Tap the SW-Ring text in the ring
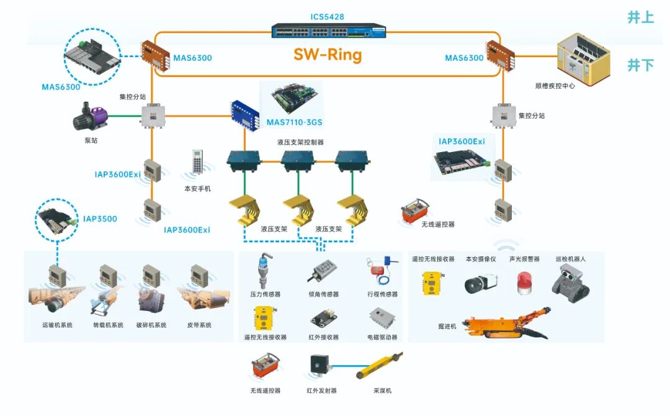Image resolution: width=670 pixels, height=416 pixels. pyautogui.click(x=328, y=55)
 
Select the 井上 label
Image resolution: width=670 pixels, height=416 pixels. pyautogui.click(x=640, y=17)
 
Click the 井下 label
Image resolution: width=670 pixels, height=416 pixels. pyautogui.click(x=640, y=64)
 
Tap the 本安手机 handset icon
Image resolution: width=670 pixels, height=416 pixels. pyautogui.click(x=198, y=164)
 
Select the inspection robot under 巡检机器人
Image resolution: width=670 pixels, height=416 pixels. pyautogui.click(x=570, y=281)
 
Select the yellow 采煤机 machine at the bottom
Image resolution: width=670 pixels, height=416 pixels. pyautogui.click(x=380, y=366)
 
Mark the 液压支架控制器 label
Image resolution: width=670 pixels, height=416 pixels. pyautogui.click(x=300, y=142)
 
